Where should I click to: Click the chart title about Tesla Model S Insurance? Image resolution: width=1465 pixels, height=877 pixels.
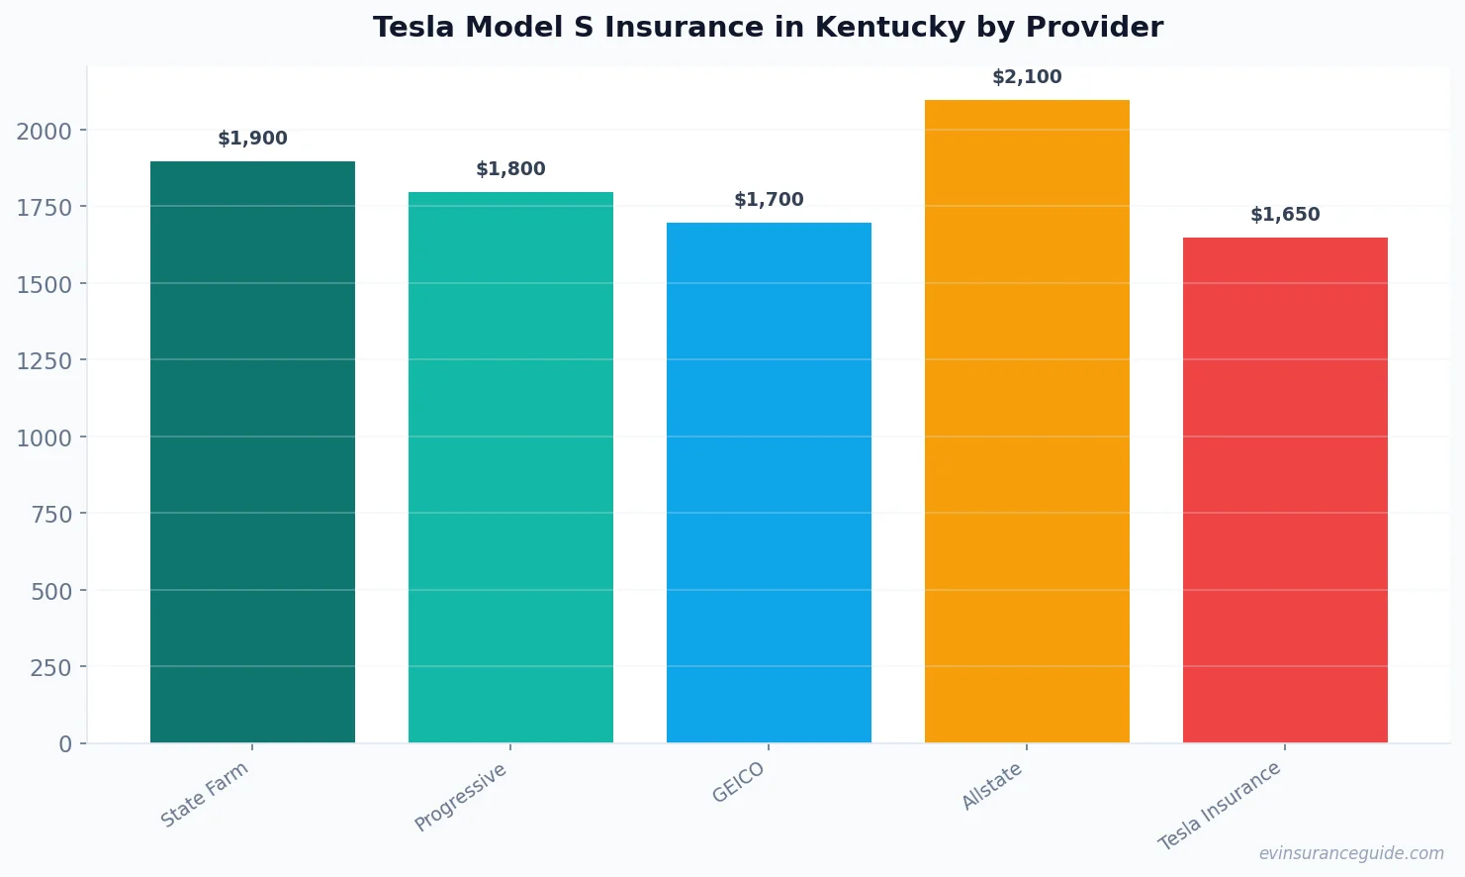(768, 28)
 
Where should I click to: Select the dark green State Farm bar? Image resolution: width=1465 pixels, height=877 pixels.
(252, 451)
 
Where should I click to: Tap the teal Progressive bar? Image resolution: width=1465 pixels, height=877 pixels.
(510, 467)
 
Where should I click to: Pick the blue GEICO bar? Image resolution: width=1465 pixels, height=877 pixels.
(769, 482)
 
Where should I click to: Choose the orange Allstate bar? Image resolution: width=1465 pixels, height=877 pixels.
(1027, 421)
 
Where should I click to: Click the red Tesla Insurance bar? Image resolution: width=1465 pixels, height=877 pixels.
(1285, 490)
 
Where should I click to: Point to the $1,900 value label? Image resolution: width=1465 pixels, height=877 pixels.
(252, 139)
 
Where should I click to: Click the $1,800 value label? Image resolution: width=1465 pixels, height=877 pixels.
(510, 169)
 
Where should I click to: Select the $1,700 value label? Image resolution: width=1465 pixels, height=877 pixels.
(769, 200)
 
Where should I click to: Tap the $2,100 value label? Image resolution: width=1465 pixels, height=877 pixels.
(1027, 77)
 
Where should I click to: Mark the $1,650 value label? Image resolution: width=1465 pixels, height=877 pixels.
(1285, 215)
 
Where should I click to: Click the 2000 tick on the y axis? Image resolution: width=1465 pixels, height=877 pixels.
(44, 132)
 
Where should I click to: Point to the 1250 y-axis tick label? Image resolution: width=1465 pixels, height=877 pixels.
(44, 361)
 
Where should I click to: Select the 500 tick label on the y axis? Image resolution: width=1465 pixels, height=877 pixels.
(50, 591)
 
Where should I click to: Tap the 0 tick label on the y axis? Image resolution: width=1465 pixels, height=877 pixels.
(65, 744)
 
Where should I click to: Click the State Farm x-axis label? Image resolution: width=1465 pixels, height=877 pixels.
(205, 794)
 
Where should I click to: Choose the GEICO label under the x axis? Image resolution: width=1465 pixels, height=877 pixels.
(739, 782)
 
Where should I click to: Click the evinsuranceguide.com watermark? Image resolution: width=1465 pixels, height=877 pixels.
(1350, 853)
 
